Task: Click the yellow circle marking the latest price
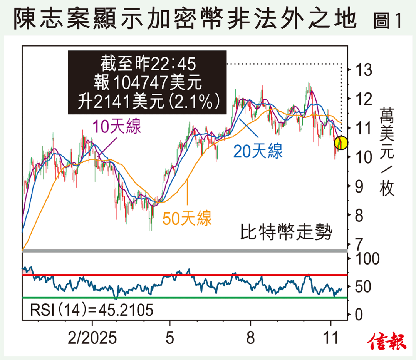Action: point(341,143)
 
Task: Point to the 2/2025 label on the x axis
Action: point(92,338)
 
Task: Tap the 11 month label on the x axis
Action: point(332,338)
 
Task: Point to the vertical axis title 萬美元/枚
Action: point(387,152)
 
